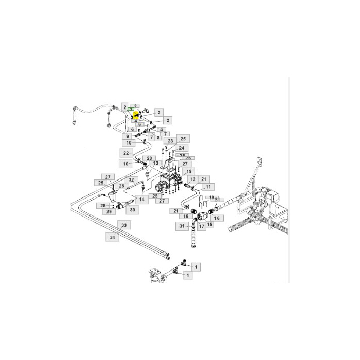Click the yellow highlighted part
point(136,115)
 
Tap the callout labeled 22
point(126,153)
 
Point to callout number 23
point(171,140)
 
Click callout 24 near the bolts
point(181,148)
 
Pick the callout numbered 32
point(132,179)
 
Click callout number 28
point(122,186)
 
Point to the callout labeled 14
point(141,199)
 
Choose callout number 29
point(110,211)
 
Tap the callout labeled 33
point(123,225)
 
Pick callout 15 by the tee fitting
point(209,225)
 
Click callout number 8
point(158,138)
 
